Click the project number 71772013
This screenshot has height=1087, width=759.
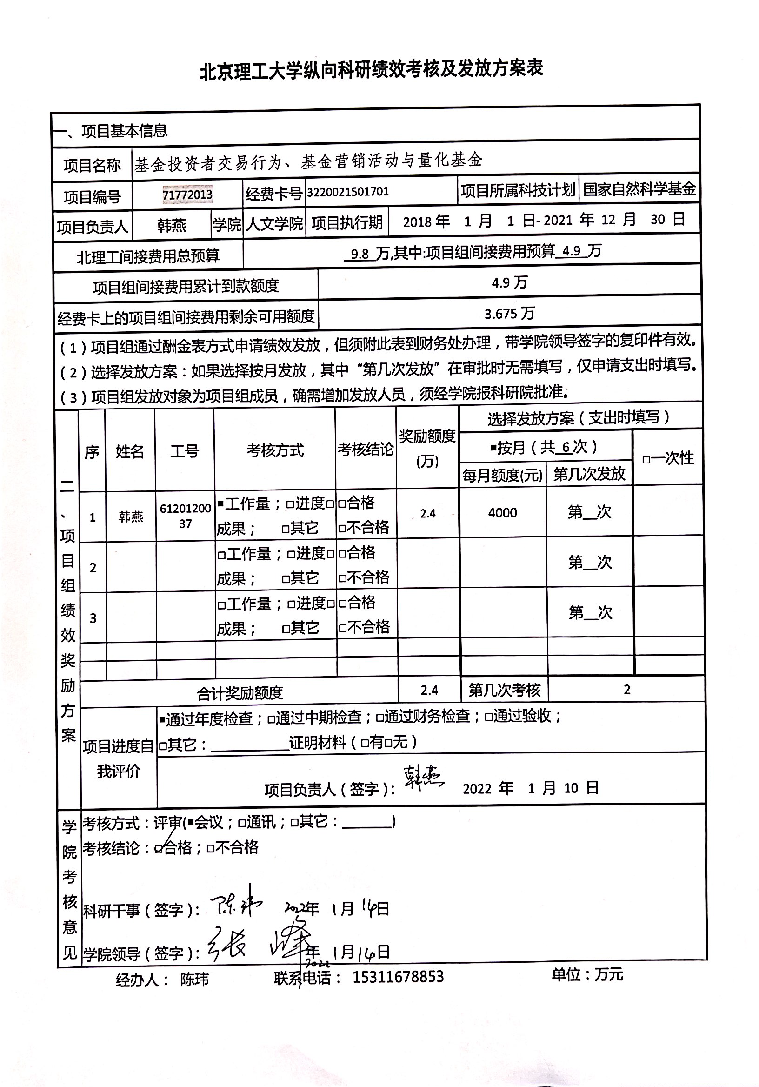coord(187,194)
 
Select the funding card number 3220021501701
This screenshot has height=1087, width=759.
coord(348,192)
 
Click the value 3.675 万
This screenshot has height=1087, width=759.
coord(509,314)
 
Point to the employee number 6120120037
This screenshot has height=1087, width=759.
coord(185,516)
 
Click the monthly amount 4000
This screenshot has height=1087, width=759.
coord(503,513)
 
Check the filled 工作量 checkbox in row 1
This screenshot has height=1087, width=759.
coord(220,504)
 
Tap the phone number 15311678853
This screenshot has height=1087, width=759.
coord(398,977)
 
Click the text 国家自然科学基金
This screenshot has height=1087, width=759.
coord(639,189)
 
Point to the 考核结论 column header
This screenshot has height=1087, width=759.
coord(365,450)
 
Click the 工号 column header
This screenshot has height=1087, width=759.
coord(185,451)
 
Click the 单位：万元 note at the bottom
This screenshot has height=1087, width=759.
coord(587,974)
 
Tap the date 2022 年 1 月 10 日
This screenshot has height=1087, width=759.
coord(531,788)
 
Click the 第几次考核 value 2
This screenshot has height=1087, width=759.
coord(626,690)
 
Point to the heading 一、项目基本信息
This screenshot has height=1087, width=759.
coord(111,131)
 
